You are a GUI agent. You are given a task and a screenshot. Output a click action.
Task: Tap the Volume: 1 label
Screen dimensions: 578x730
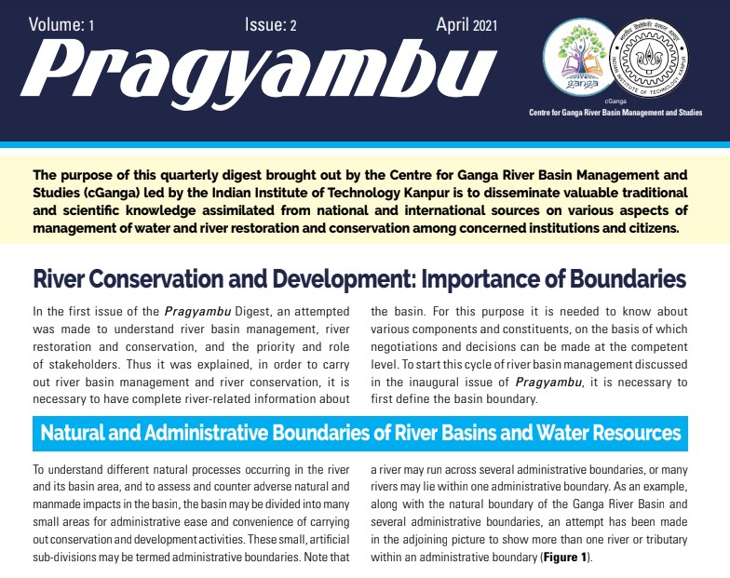coord(61,25)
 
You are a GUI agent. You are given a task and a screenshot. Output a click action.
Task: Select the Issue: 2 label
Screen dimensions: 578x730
coord(270,25)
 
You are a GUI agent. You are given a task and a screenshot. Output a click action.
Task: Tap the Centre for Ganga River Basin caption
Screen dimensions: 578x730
coord(615,114)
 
